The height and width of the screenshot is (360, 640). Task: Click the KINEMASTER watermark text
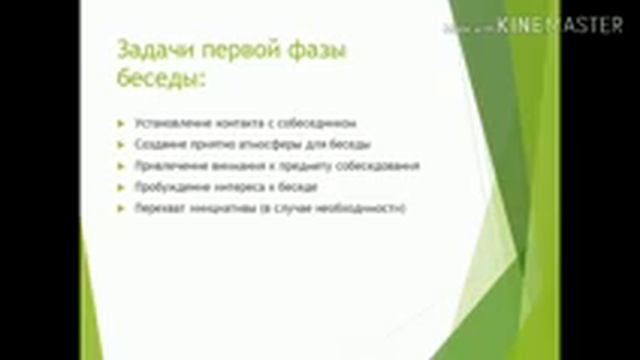560,27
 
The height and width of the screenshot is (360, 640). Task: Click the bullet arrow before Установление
121,124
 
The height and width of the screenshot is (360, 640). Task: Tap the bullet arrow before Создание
121,145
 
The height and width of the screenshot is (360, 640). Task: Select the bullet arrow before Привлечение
121,166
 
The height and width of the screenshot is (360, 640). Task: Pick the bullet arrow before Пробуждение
121,187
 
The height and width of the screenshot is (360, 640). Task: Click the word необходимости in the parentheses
363,208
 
